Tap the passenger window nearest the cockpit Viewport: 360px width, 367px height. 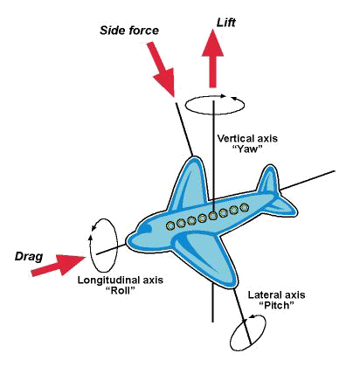pyautogui.click(x=171, y=225)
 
